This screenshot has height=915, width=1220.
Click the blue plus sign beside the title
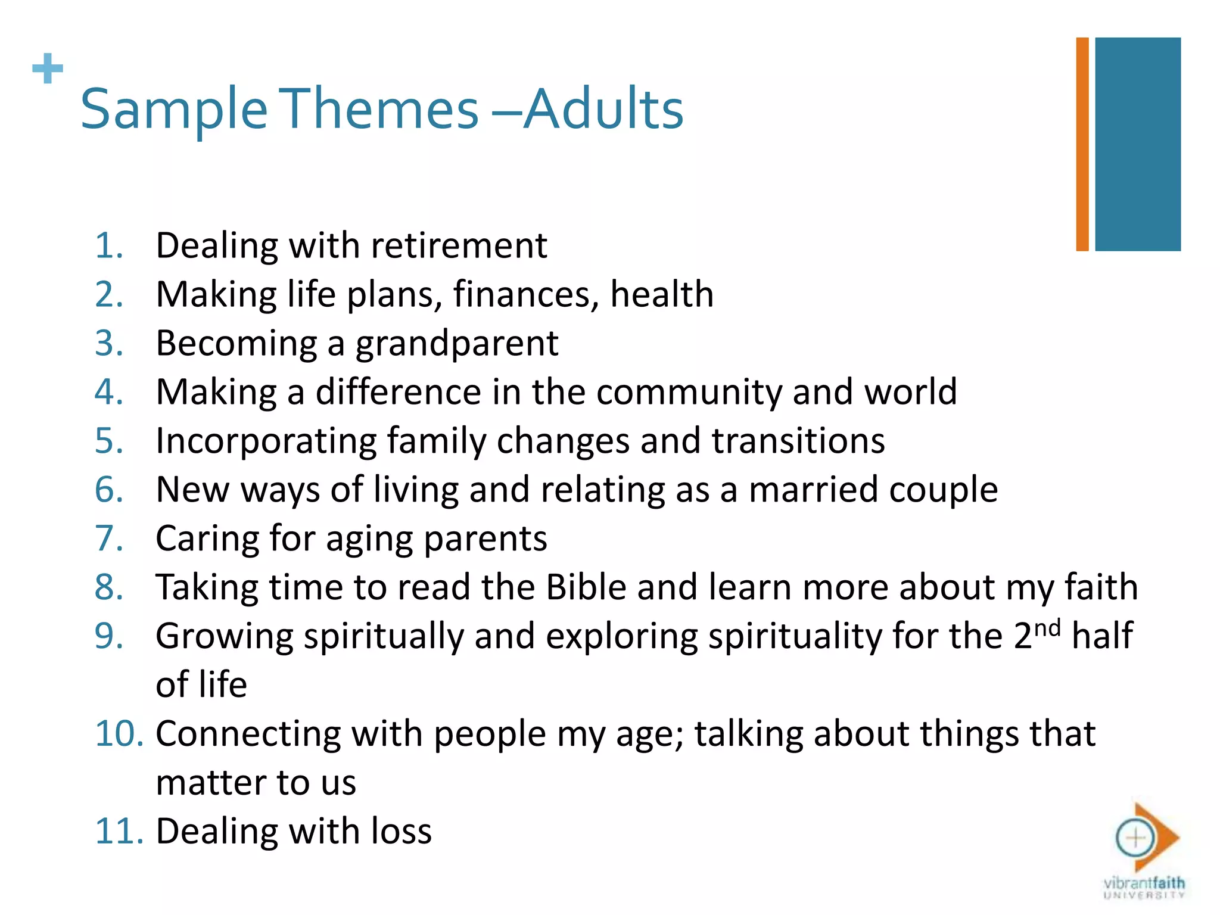pyautogui.click(x=48, y=69)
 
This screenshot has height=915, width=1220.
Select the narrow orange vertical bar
pyautogui.click(x=1082, y=144)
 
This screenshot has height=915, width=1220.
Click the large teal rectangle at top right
pyautogui.click(x=1137, y=144)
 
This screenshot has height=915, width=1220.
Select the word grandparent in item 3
pyautogui.click(x=457, y=344)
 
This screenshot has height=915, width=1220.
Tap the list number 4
pyautogui.click(x=108, y=392)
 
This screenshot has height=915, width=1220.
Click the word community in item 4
pyautogui.click(x=689, y=392)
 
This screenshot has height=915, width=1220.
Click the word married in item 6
pyautogui.click(x=813, y=490)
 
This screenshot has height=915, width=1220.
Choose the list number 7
pyautogui.click(x=108, y=539)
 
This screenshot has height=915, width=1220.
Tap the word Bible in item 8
pyautogui.click(x=586, y=587)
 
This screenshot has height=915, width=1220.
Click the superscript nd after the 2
pyautogui.click(x=1047, y=628)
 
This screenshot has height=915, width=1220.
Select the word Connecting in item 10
pyautogui.click(x=248, y=734)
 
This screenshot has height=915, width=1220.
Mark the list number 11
pyautogui.click(x=119, y=832)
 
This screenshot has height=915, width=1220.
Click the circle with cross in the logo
pyautogui.click(x=1135, y=838)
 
